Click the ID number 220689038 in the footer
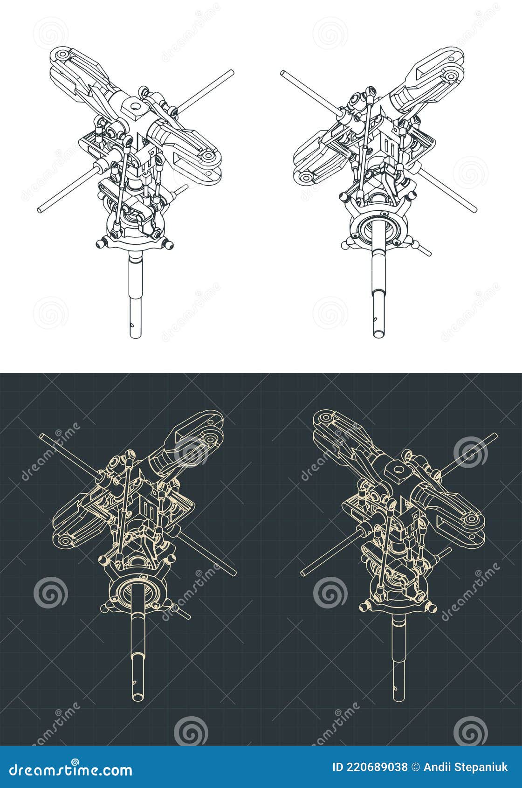pos(370,767)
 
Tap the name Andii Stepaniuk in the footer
pos(466,767)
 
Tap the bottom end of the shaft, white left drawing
pos(135,335)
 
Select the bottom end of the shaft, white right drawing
pos(379,334)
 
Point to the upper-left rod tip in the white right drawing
pos(283,73)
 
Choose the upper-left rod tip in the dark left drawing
pos(42,436)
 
